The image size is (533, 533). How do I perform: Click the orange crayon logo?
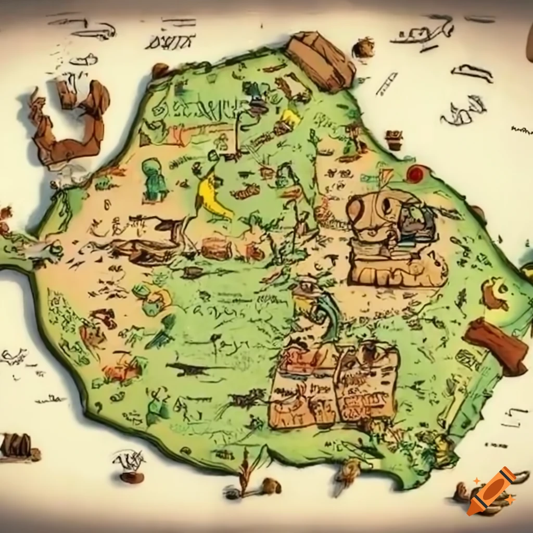(491, 491)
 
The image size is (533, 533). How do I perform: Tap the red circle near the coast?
(415, 174)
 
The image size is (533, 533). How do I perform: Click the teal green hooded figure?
(155, 180)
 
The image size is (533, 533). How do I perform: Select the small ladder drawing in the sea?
(386, 83)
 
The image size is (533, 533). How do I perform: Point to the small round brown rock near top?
(363, 48)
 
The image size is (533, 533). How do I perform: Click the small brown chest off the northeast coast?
(394, 139)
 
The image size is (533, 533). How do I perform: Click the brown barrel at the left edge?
(16, 445)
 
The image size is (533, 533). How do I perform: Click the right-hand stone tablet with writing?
(367, 383)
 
